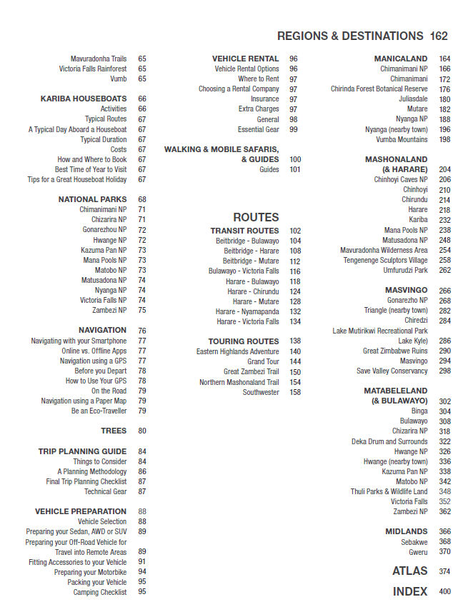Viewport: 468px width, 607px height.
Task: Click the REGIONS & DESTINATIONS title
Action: tap(349, 36)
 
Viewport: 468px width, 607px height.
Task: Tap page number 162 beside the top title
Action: tap(439, 36)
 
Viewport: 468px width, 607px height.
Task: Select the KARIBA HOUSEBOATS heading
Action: tap(84, 99)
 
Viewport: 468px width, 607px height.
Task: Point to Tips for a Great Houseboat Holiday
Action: tap(77, 179)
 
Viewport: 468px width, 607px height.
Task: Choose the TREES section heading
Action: tap(114, 431)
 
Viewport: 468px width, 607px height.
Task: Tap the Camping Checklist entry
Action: tap(100, 592)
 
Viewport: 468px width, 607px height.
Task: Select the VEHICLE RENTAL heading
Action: tap(245, 59)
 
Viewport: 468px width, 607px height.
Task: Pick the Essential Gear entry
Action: tap(258, 129)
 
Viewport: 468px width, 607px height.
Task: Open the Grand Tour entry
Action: tap(263, 362)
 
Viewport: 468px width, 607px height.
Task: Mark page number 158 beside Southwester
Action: tap(295, 392)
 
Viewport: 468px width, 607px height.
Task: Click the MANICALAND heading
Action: tap(401, 59)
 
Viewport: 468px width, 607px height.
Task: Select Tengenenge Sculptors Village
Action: tap(385, 260)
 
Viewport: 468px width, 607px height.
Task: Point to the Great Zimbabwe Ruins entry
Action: tap(395, 351)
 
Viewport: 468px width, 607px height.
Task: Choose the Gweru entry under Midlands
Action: tap(418, 551)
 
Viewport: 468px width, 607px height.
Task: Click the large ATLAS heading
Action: tap(409, 571)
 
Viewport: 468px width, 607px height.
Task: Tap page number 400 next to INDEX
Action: tap(444, 591)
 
